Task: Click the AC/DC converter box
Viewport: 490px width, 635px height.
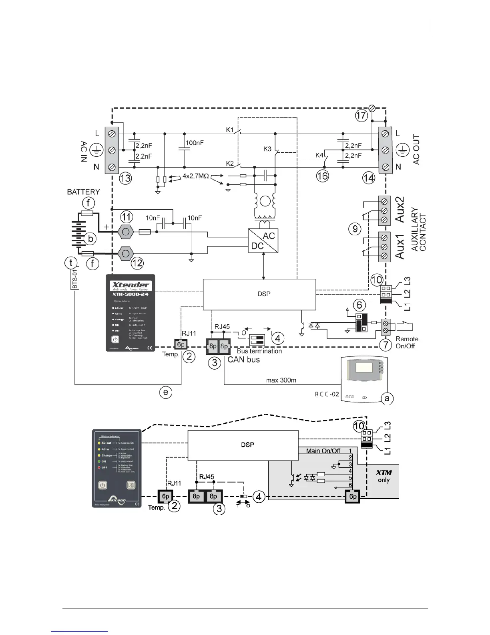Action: pyautogui.click(x=263, y=241)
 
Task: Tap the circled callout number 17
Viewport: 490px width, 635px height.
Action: pyautogui.click(x=361, y=115)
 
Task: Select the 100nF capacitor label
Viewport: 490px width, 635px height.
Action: pyautogui.click(x=195, y=143)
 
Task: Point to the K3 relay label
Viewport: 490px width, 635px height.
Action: pyautogui.click(x=267, y=149)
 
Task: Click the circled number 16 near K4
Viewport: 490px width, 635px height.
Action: pyautogui.click(x=322, y=176)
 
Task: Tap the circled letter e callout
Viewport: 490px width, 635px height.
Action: pyautogui.click(x=166, y=392)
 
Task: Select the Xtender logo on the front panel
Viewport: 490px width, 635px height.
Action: pyautogui.click(x=130, y=285)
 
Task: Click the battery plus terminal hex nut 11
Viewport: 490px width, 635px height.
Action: pyautogui.click(x=126, y=232)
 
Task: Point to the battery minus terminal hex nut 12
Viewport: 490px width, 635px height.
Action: pyautogui.click(x=126, y=253)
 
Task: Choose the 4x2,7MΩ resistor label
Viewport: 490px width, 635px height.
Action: pyautogui.click(x=196, y=176)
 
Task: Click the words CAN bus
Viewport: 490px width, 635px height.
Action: pyautogui.click(x=243, y=360)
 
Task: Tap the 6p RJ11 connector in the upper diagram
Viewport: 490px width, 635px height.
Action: pyautogui.click(x=181, y=344)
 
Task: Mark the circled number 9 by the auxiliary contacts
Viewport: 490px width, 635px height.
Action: pyautogui.click(x=354, y=229)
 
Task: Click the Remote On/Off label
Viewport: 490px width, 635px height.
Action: pyautogui.click(x=407, y=342)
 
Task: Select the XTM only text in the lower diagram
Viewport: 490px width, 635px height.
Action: pyautogui.click(x=384, y=476)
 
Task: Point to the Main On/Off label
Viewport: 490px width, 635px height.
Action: pyautogui.click(x=323, y=451)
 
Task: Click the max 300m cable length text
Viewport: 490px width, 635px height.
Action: pyautogui.click(x=281, y=380)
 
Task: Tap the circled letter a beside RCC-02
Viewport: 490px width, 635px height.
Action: pyautogui.click(x=386, y=398)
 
